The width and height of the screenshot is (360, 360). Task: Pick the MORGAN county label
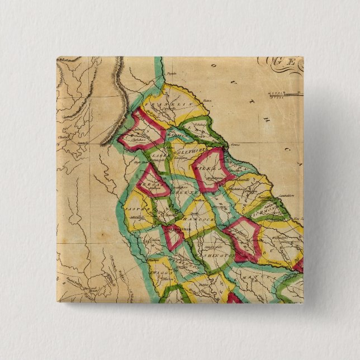coord(150,185)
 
